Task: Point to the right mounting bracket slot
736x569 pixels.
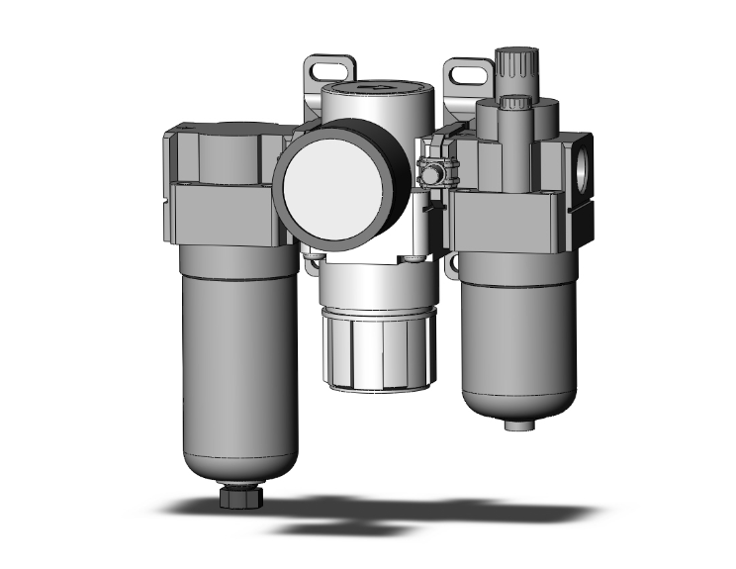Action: (464, 72)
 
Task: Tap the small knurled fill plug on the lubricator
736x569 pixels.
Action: (513, 103)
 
